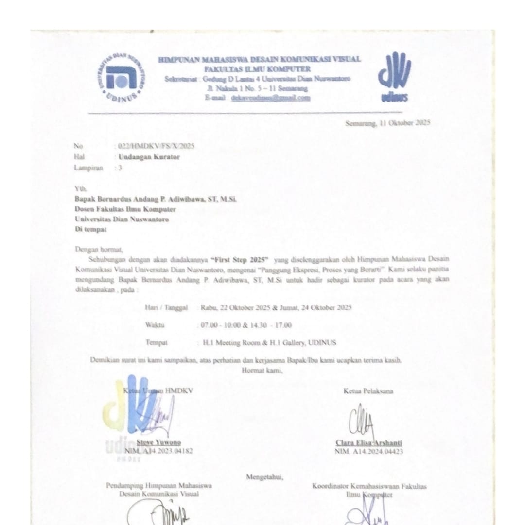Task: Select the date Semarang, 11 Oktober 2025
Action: point(387,123)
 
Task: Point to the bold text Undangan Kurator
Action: point(149,156)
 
